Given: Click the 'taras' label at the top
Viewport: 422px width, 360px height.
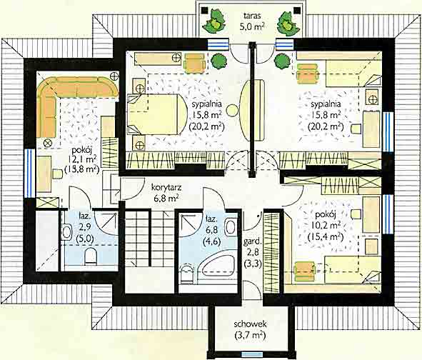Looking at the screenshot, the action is click(x=252, y=16).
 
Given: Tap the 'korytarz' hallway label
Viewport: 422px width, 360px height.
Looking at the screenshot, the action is click(x=166, y=187).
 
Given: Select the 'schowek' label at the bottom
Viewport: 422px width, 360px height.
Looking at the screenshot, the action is click(x=250, y=324).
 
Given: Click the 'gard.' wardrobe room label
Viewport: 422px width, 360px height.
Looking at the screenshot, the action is click(x=253, y=241).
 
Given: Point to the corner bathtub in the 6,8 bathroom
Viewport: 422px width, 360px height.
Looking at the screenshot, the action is click(x=218, y=266).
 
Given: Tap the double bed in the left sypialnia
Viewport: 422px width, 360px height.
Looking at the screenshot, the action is click(x=156, y=114).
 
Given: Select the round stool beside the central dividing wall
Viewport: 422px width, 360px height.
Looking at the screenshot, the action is click(x=232, y=111).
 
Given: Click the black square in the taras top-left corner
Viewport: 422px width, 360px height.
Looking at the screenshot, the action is click(x=205, y=11).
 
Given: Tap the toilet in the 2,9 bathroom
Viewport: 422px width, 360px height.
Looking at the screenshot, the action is click(x=91, y=256).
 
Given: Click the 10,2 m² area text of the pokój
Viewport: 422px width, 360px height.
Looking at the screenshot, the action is click(x=326, y=225).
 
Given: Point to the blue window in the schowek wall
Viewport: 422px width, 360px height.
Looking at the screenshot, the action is click(x=251, y=354).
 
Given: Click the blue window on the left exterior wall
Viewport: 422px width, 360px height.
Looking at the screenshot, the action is click(x=29, y=173).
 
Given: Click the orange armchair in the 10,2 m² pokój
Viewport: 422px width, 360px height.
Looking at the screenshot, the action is click(x=305, y=271).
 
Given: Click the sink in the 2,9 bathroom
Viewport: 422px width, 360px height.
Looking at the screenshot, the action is click(x=66, y=232).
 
